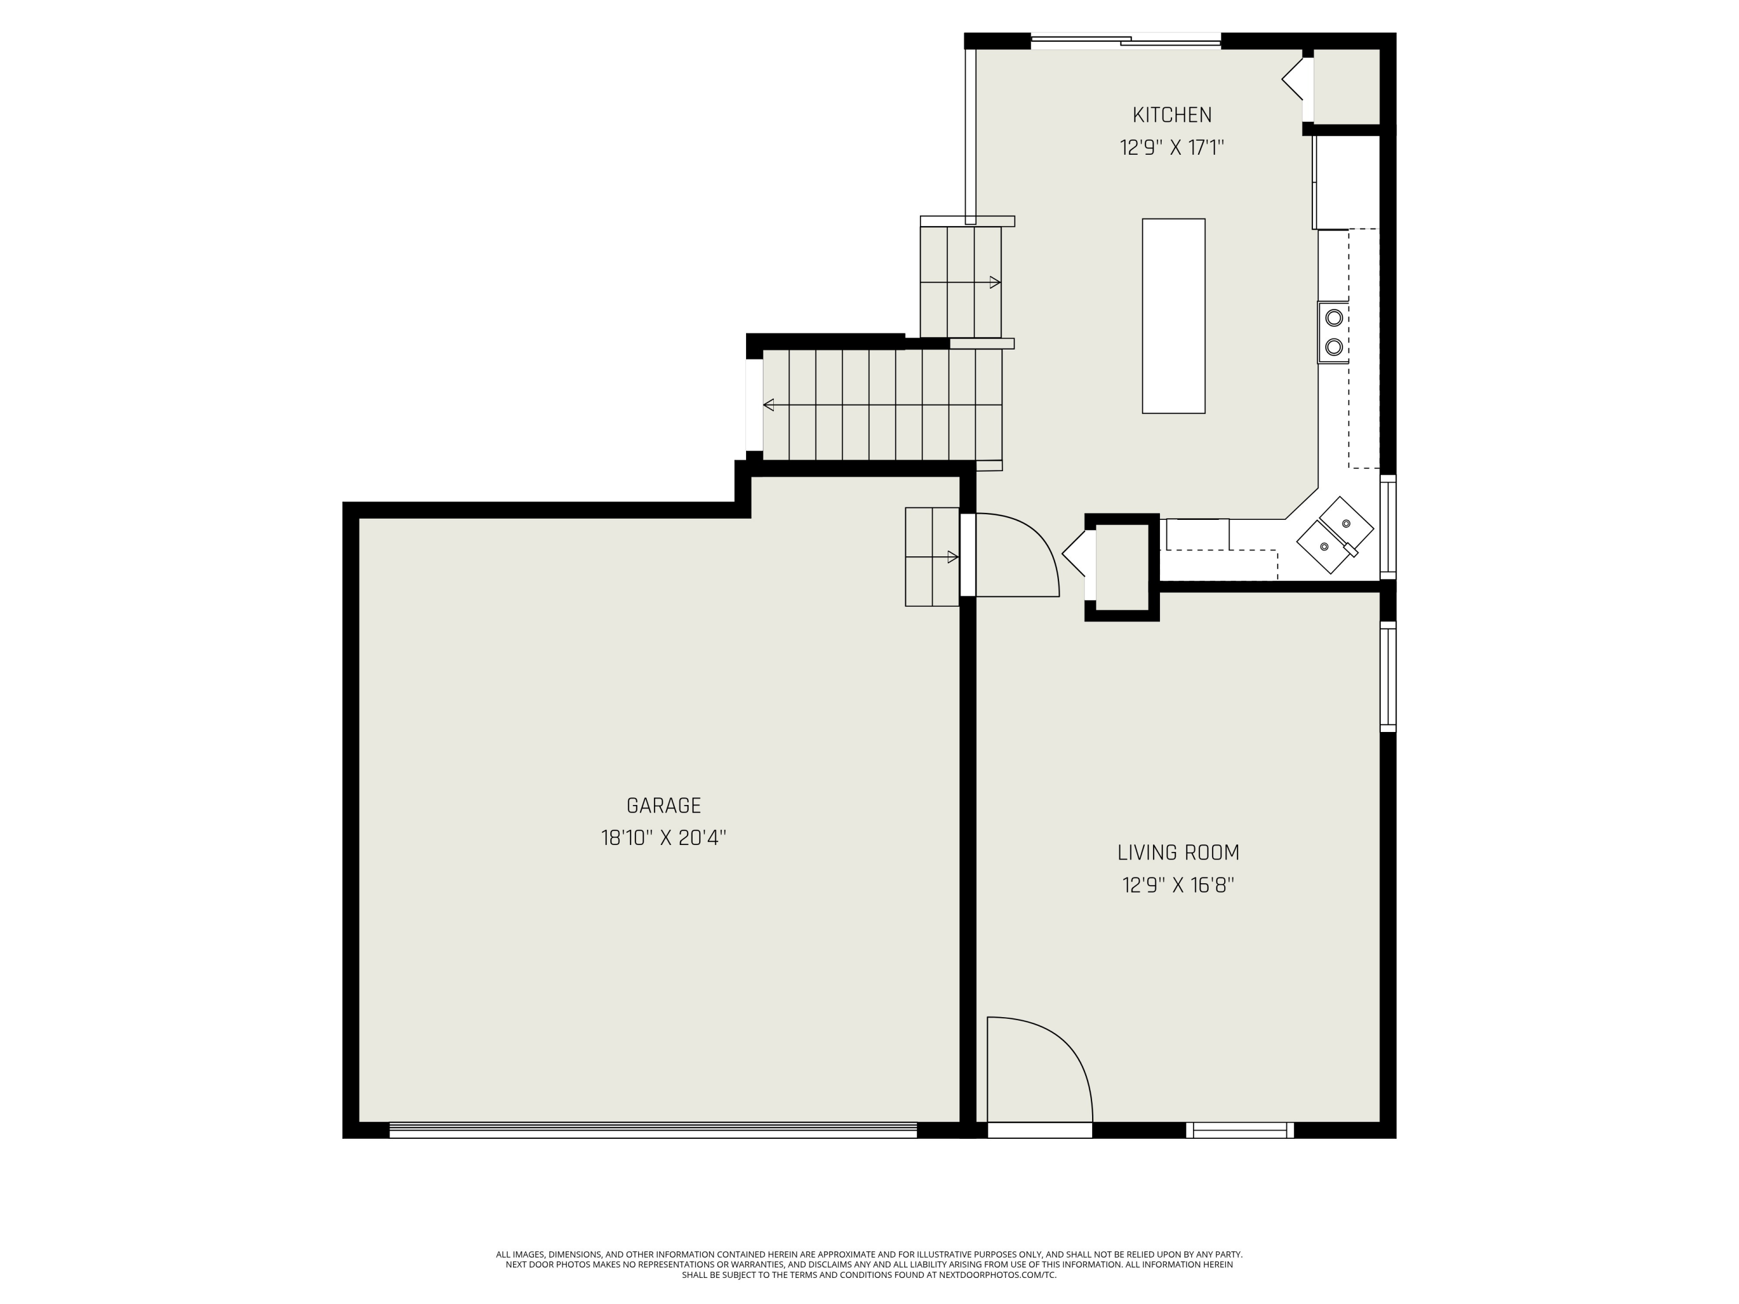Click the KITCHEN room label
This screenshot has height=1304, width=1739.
coord(1172,115)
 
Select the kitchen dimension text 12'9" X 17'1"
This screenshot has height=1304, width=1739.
coord(1172,148)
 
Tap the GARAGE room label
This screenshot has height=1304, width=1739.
coord(664,806)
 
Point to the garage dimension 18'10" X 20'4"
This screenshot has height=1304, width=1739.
coord(664,838)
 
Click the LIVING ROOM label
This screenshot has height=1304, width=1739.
coord(1178,853)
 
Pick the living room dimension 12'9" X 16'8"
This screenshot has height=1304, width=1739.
coord(1178,886)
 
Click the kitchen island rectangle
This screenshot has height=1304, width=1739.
coord(1173,316)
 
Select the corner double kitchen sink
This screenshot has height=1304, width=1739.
coord(1335,534)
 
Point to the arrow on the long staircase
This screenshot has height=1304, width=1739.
coord(769,405)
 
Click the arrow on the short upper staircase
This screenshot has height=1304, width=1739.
coord(995,282)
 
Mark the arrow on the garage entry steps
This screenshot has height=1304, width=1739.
coord(952,558)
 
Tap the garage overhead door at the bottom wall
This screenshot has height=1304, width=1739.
coord(653,1130)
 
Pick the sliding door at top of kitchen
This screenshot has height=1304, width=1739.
coord(1126,41)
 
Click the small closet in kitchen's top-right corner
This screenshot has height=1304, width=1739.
coord(1347,86)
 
